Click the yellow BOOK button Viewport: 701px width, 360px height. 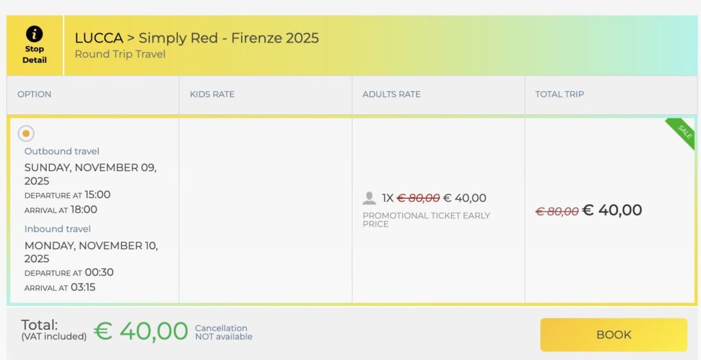coord(613,335)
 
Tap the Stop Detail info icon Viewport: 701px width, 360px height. coord(34,34)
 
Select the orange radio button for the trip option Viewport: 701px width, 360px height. coord(26,133)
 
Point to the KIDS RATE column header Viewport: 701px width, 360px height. coord(212,94)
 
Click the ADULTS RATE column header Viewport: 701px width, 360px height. coord(391,94)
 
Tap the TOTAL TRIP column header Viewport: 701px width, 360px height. coord(559,94)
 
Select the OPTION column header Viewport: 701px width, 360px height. coord(34,94)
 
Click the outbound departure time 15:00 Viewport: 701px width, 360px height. coord(97,194)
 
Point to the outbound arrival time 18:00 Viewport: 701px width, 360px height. coord(84,209)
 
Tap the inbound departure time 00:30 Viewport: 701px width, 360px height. coord(99,272)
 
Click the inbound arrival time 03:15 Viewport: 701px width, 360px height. coord(83,287)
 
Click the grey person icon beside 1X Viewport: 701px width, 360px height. coord(369,198)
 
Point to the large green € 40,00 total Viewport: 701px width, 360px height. coord(140,331)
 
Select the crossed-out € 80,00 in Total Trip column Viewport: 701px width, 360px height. coord(557,211)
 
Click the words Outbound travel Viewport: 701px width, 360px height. coord(62,151)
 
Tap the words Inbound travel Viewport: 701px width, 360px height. coord(58,229)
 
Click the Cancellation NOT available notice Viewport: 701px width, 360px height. coord(224,332)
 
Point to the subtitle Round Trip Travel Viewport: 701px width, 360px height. coord(120,54)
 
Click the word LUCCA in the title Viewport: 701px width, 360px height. coord(99,38)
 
